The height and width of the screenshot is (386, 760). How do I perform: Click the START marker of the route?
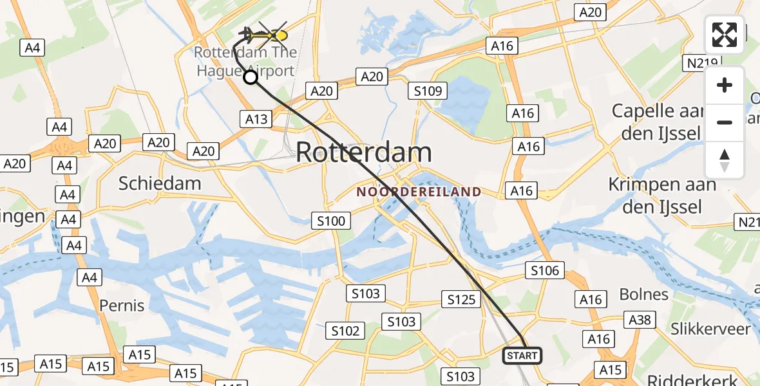coord(522,355)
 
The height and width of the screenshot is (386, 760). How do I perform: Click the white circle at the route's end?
coord(251,78)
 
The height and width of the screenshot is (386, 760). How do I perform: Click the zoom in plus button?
coord(725,85)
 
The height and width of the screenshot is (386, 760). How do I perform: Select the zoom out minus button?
coord(725,122)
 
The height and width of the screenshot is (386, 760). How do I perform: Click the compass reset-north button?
coord(725,160)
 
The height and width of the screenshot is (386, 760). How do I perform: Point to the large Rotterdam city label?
coord(364,153)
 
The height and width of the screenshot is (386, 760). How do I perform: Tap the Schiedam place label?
coord(160,183)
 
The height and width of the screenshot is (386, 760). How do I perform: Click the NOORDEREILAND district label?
coord(419,192)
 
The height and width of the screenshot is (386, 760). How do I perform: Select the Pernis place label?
coord(122,304)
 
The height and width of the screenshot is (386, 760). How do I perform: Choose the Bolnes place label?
coord(643,295)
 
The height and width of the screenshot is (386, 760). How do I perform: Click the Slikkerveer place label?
coord(710,329)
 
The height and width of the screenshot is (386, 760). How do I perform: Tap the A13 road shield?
coord(255,118)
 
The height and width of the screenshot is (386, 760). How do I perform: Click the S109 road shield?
coord(428,91)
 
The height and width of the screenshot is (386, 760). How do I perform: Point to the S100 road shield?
coord(331,221)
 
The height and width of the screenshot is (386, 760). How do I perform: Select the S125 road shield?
coord(461,299)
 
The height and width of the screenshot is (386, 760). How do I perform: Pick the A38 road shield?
coord(640,319)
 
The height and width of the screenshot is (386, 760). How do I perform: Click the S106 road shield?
coord(545,271)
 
